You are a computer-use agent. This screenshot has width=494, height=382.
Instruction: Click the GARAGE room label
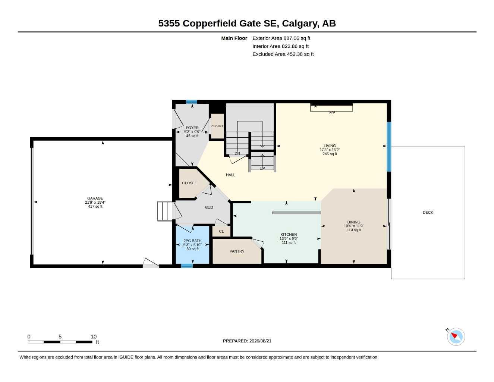[x=95, y=198]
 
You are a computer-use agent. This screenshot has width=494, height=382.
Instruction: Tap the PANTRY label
[x=237, y=251]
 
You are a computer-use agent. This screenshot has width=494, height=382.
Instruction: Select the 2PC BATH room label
[x=192, y=241]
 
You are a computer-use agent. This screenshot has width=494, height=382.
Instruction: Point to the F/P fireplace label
[x=332, y=113]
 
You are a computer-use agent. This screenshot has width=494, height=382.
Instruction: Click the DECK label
[x=428, y=212]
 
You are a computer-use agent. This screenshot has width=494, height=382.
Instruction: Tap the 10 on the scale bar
[x=94, y=336]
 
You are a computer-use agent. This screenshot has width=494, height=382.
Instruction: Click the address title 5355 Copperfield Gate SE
[x=218, y=24]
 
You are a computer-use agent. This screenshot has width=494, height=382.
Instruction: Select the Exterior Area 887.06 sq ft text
[x=281, y=38]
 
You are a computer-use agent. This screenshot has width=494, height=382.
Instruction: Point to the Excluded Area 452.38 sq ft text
[x=283, y=54]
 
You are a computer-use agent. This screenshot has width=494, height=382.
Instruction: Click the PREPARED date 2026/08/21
[x=260, y=341]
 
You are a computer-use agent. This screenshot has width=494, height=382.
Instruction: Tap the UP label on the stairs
[x=262, y=169]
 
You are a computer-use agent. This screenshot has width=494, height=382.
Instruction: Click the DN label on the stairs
[x=237, y=153]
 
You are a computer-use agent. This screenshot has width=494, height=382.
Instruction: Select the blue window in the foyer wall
[x=191, y=102]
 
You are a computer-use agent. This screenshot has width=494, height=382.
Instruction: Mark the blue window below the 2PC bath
[x=187, y=266]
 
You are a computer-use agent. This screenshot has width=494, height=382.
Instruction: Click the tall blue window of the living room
[x=389, y=147]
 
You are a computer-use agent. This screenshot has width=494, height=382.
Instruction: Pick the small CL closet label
[x=221, y=231]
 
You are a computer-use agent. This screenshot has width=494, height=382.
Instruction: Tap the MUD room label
[x=209, y=207]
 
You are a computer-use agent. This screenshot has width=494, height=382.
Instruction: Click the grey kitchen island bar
[x=296, y=213]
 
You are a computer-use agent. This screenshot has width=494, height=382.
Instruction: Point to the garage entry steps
[x=165, y=211]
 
